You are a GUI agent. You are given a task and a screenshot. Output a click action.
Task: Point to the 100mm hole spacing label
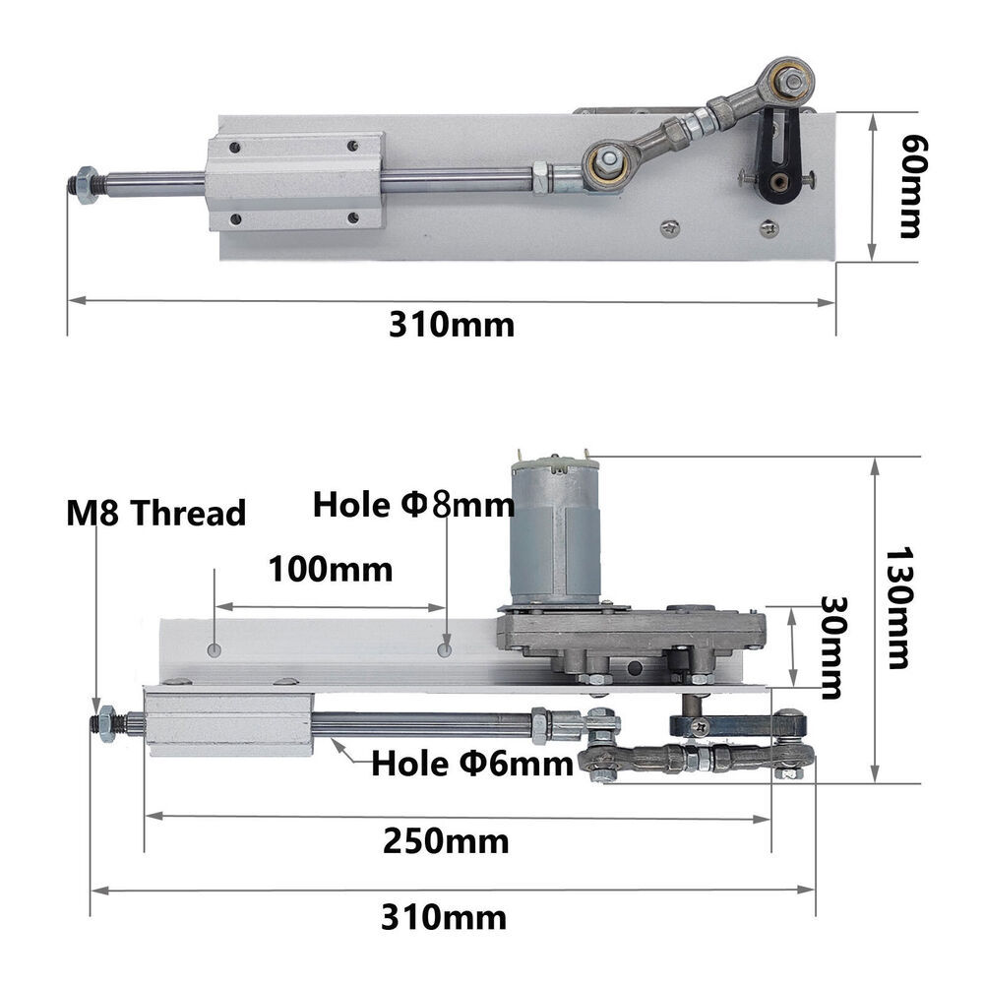pyautogui.click(x=330, y=569)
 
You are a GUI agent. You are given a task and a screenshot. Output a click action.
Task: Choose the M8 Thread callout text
pyautogui.click(x=155, y=513)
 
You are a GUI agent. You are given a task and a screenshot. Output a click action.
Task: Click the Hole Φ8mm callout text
pyautogui.click(x=413, y=505)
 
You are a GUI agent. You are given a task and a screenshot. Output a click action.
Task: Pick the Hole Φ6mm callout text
pyautogui.click(x=471, y=764)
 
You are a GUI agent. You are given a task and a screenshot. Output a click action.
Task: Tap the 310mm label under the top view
pyautogui.click(x=451, y=325)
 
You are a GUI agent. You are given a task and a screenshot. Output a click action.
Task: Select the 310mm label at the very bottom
pyautogui.click(x=444, y=918)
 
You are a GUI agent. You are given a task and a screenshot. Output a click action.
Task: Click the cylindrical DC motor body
pyautogui.click(x=555, y=536)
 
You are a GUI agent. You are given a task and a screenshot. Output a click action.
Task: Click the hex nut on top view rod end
pyautogui.click(x=86, y=184)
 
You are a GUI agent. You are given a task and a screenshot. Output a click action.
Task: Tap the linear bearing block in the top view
pyautogui.click(x=294, y=182)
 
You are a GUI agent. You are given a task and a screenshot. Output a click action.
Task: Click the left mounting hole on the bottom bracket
pyautogui.click(x=215, y=649)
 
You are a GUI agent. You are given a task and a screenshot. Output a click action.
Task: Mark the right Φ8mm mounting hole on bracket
pyautogui.click(x=445, y=649)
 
